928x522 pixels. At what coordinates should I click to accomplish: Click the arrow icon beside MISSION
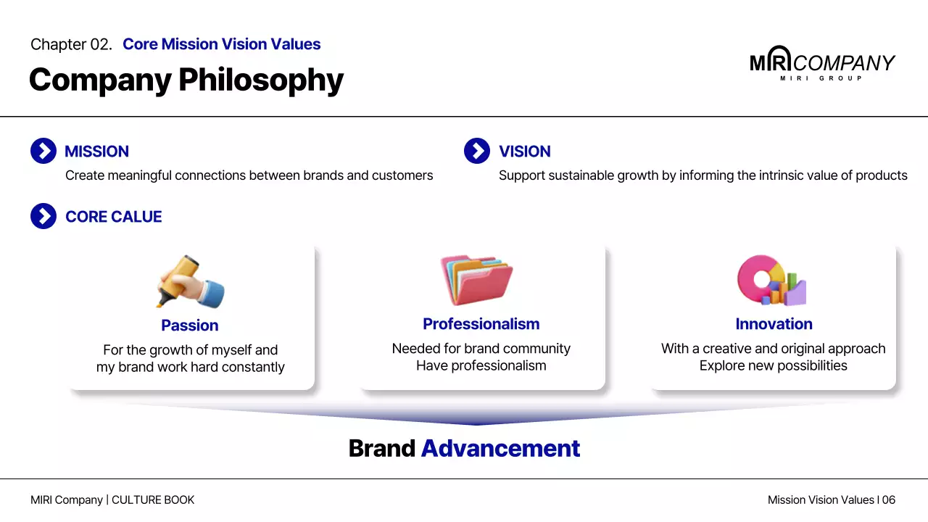point(43,152)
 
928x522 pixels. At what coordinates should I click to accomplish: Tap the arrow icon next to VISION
point(477,152)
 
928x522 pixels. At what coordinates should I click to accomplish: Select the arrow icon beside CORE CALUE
point(43,216)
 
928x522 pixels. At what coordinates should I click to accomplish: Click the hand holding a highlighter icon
point(190,282)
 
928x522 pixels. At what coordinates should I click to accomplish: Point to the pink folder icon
point(477,280)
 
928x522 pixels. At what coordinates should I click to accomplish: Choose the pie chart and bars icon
point(771,281)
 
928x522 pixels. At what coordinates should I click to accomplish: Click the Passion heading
point(190,326)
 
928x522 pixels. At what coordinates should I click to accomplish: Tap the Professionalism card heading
point(481,324)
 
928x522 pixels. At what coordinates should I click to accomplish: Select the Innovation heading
point(774,324)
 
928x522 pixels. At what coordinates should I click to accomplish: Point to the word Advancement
point(500,449)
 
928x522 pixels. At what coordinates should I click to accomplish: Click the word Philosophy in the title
point(261,80)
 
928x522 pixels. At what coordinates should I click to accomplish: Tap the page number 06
point(889,500)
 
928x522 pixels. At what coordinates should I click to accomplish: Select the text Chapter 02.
point(71,44)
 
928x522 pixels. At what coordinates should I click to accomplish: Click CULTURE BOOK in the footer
point(153,500)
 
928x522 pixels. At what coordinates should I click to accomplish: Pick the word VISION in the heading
point(525,152)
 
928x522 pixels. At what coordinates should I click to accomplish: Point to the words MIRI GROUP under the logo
point(821,78)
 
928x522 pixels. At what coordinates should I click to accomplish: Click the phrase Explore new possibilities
point(774,365)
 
